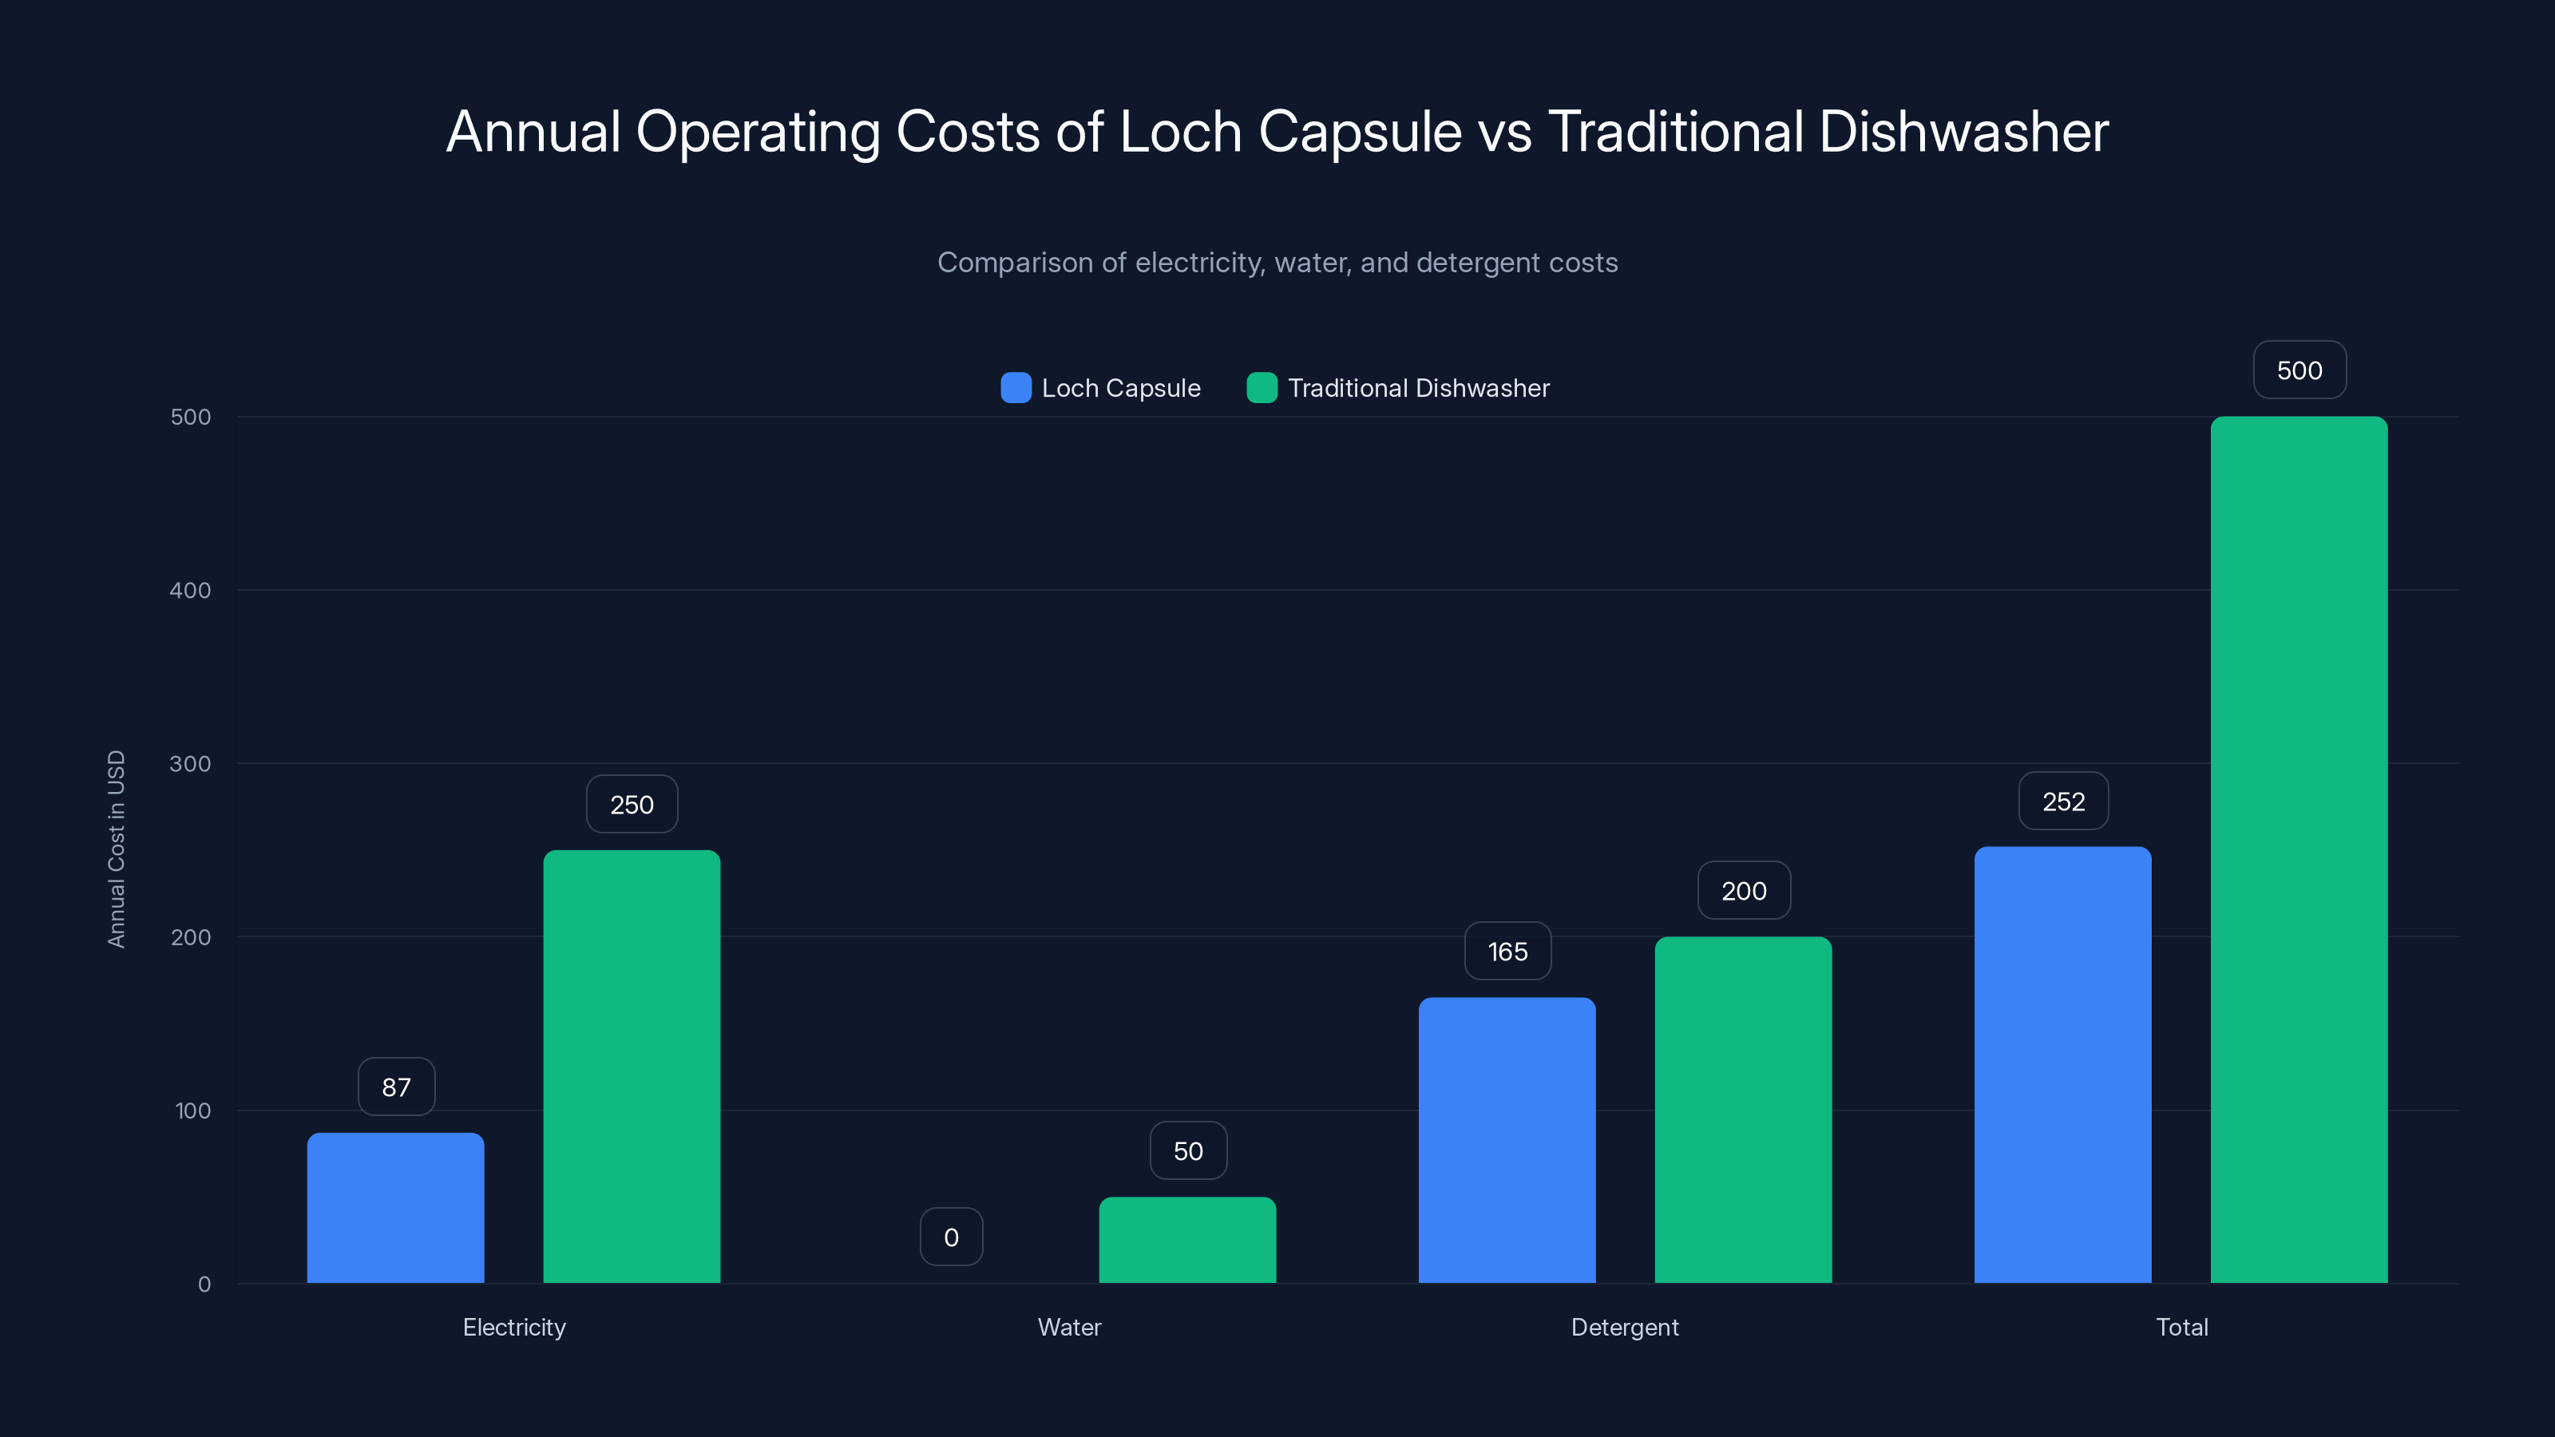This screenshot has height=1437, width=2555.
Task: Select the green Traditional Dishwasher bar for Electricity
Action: click(632, 1066)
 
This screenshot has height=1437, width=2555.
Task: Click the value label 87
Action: click(396, 1087)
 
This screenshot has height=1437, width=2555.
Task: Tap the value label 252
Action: click(2063, 802)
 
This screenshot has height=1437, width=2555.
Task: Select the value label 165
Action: click(1507, 952)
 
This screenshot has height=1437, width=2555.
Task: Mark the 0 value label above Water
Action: click(951, 1237)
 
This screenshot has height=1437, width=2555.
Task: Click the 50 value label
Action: click(1187, 1150)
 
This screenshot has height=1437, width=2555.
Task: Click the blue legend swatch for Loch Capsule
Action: click(1016, 388)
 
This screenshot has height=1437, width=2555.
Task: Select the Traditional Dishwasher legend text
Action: click(1417, 388)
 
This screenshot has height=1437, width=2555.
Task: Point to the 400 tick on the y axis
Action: click(191, 590)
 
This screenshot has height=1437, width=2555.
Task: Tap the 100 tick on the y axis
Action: click(192, 1110)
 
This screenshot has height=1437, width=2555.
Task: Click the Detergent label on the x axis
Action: click(1624, 1327)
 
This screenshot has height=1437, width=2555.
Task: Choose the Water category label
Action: click(1068, 1327)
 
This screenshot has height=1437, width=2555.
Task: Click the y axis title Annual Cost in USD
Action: click(116, 849)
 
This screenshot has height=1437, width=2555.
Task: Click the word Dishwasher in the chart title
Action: click(1963, 132)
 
